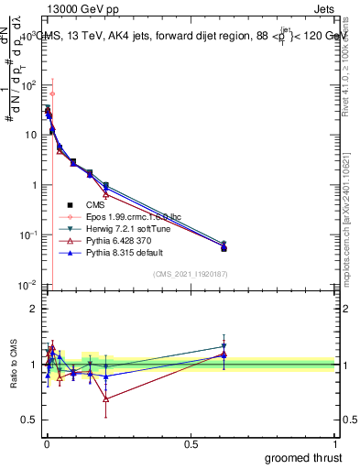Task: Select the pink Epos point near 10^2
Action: click(x=52, y=93)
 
